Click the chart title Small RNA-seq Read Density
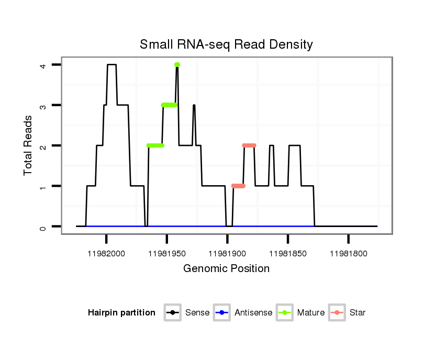point(226,44)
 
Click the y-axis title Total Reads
point(29,145)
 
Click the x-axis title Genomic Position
point(226,269)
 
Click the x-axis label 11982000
point(106,254)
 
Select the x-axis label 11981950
point(166,254)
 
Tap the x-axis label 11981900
point(227,254)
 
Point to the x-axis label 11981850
point(288,254)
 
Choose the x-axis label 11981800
point(349,254)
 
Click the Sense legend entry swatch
point(172,313)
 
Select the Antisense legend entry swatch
point(222,313)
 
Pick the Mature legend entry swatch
point(284,313)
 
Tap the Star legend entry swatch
point(338,313)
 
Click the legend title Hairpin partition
point(121,313)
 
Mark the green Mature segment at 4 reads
point(177,64)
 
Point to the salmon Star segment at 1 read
point(238,186)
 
